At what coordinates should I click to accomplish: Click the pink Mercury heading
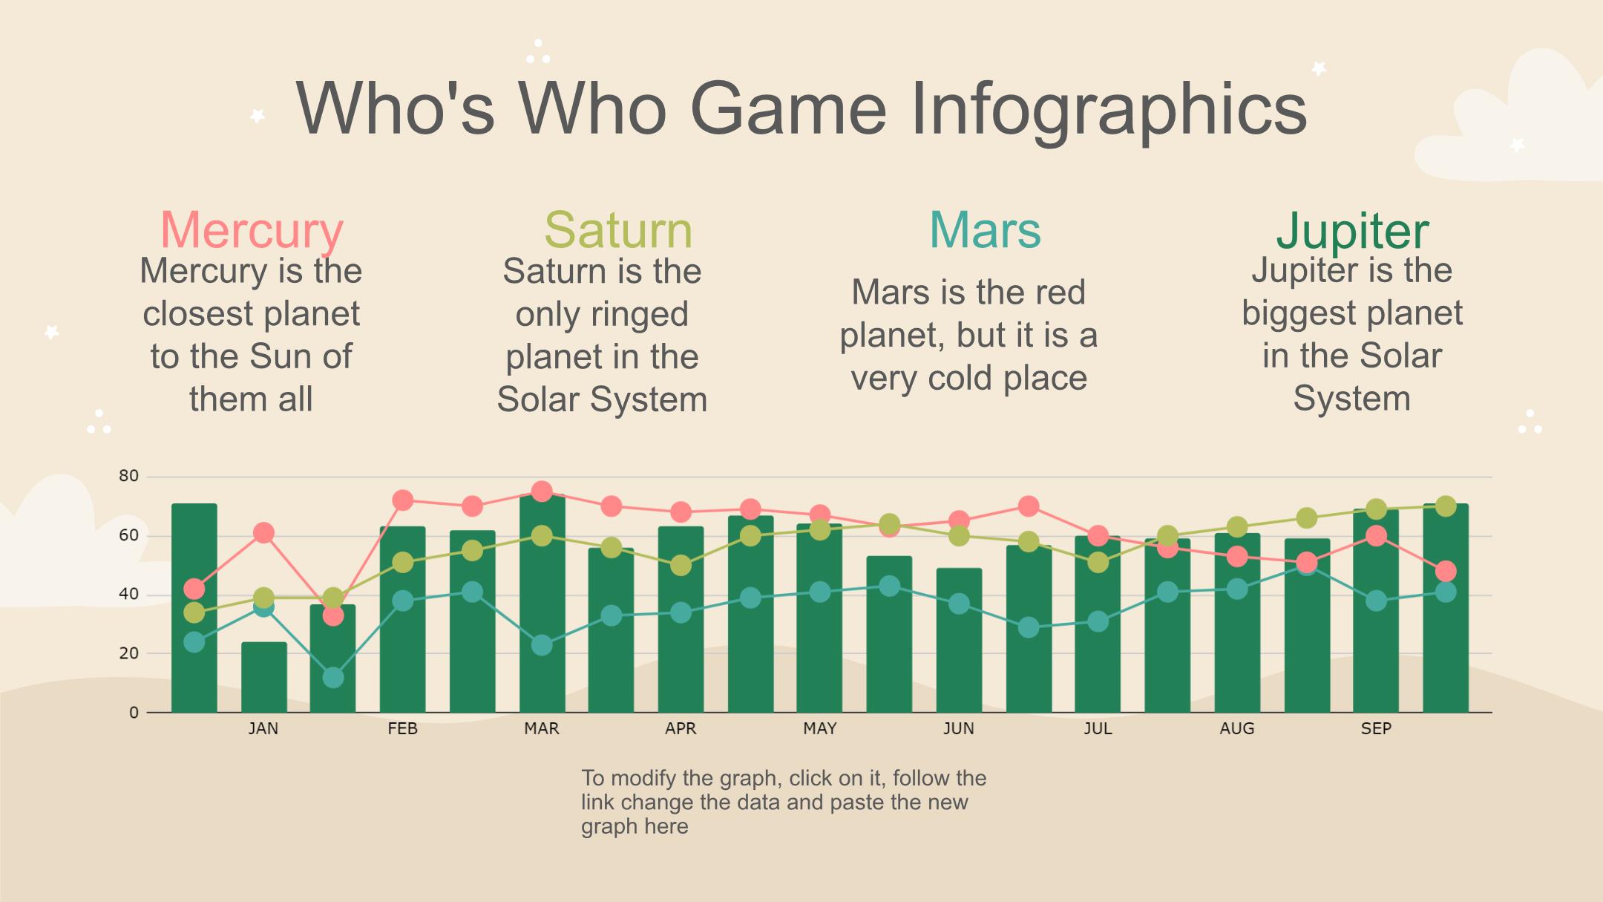252,231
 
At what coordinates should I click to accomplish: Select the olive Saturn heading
618,230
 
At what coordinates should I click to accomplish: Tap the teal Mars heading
985,230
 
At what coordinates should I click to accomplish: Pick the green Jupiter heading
1352,232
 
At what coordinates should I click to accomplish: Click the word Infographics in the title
1108,109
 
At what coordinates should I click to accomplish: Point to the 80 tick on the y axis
128,476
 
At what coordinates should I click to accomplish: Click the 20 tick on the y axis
128,653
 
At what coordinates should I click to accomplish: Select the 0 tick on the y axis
134,713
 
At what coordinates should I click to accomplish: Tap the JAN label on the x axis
263,729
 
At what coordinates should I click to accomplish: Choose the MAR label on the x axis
542,729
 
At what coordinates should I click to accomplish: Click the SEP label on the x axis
1376,729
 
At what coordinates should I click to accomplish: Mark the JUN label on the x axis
959,729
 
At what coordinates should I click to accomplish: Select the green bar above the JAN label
263,677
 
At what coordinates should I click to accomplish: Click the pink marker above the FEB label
402,500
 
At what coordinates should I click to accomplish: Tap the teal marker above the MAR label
542,645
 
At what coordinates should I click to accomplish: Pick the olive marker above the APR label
681,566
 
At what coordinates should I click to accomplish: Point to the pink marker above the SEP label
1376,536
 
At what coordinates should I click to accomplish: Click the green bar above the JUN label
959,641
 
